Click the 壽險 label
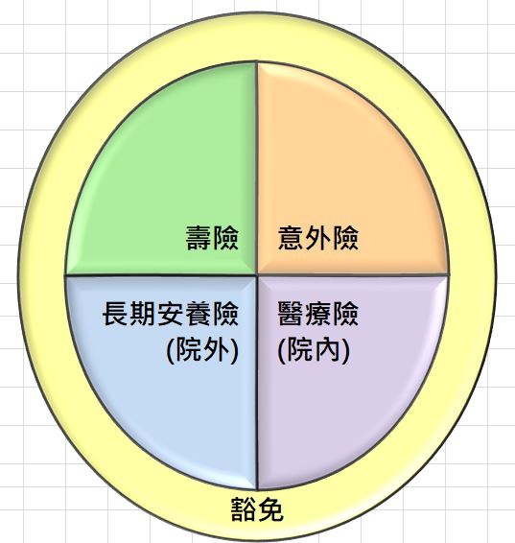[212, 238]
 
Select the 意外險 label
[318, 238]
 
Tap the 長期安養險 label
[171, 314]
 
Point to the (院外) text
[202, 350]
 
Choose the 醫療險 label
[318, 314]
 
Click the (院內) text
[314, 350]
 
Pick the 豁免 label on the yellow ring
[257, 509]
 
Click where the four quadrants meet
[257, 275]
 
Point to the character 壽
[199, 238]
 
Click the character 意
[291, 238]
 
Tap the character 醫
[291, 314]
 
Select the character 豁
[244, 509]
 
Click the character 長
[115, 314]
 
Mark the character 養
[199, 314]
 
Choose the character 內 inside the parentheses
[327, 350]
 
